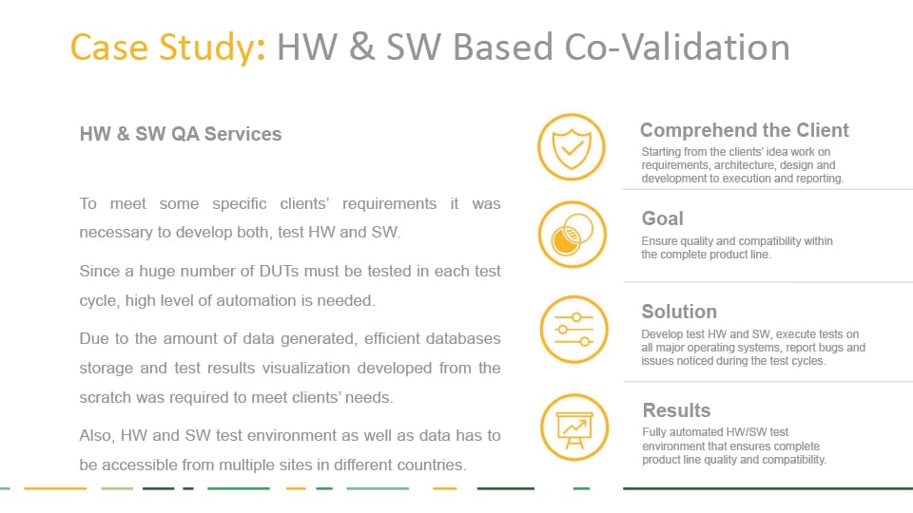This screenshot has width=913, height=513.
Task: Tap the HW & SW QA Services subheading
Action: tap(181, 134)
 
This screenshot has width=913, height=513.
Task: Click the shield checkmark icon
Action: tap(572, 146)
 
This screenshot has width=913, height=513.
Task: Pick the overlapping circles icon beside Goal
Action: tap(573, 235)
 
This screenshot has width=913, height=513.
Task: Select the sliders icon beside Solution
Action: tap(573, 330)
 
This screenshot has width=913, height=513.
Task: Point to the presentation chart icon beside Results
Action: tap(574, 427)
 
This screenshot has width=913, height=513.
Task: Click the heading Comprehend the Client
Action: tap(744, 130)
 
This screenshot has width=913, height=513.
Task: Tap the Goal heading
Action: tap(663, 218)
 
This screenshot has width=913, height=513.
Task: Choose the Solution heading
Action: tap(679, 312)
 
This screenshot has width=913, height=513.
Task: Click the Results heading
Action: tap(676, 410)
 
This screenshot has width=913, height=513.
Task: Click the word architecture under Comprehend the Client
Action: tap(745, 165)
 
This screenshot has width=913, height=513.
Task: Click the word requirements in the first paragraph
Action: tap(390, 204)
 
